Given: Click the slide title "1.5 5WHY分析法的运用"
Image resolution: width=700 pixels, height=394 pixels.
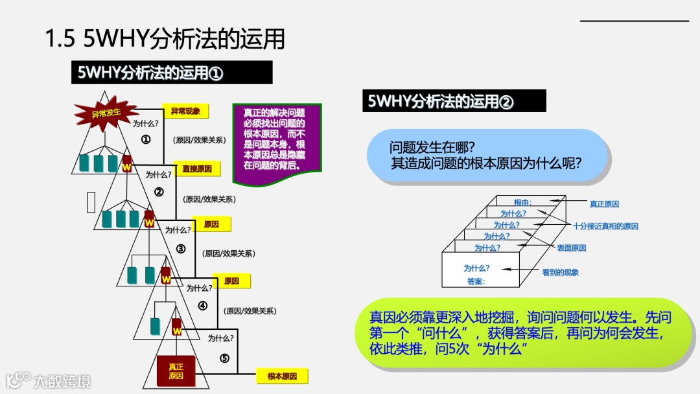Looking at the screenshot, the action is tap(165, 40).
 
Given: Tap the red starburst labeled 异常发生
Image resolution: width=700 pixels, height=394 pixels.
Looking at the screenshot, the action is tap(106, 113).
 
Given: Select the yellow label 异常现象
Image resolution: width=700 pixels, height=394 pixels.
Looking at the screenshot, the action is tap(185, 111).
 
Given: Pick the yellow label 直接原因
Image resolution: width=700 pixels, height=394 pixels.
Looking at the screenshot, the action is tap(197, 168).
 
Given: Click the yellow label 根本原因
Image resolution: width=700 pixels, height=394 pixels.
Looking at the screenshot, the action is tap(282, 377).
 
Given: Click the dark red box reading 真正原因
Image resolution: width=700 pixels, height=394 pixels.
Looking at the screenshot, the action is tap(176, 371).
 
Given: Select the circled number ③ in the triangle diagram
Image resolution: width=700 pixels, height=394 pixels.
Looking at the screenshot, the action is tap(181, 249).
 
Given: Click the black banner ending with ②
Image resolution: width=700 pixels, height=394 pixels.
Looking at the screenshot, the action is tap(454, 101).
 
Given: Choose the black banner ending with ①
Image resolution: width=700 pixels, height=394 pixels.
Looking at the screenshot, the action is tap(171, 73).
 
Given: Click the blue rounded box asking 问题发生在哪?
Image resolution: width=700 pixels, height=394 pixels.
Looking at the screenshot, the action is tap(486, 155).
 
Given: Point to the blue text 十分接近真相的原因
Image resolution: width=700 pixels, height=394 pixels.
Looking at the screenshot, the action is tap(605, 226).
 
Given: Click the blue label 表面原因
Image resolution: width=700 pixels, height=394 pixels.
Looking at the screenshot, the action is tap(571, 248).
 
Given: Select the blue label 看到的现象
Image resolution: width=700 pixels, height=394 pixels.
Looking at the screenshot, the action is tap(560, 273).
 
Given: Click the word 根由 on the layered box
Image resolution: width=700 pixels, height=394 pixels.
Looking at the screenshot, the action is tap(522, 202).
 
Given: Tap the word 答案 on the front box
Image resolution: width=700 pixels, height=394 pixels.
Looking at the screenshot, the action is tap(476, 281).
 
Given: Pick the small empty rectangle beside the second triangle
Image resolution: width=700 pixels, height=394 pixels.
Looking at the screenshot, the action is tap(91, 202).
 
